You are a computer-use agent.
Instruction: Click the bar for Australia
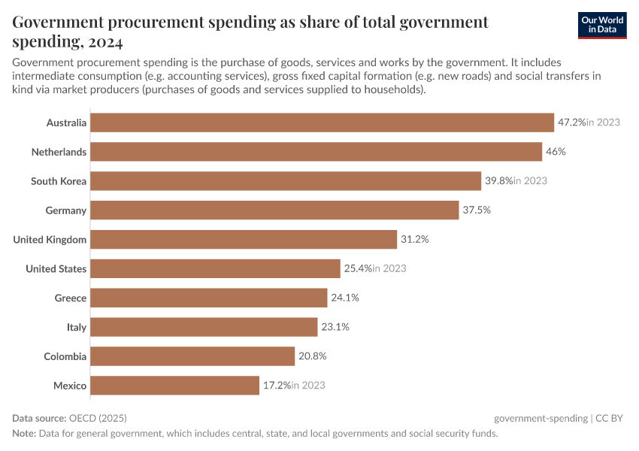[x=322, y=123]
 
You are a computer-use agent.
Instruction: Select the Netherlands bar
[x=316, y=152]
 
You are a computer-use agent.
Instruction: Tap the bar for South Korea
[x=286, y=181]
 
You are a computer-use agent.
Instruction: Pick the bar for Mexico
[x=174, y=386]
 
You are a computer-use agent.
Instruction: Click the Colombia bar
[x=192, y=356]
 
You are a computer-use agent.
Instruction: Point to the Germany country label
[x=65, y=210]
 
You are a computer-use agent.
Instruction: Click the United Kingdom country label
[x=50, y=240]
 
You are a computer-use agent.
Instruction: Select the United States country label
[x=56, y=269]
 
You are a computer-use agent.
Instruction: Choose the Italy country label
[x=77, y=328]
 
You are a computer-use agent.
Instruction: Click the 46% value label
[x=556, y=152]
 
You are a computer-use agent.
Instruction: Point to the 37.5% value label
[x=477, y=210]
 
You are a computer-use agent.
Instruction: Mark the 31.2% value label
[x=414, y=240]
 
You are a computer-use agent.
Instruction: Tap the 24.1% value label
[x=345, y=298]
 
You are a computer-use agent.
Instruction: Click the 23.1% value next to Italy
[x=335, y=328]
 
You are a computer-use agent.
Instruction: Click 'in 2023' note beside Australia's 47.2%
[x=603, y=123]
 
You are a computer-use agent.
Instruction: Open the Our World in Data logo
[x=601, y=25]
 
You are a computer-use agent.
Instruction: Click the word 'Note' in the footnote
[x=25, y=434]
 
